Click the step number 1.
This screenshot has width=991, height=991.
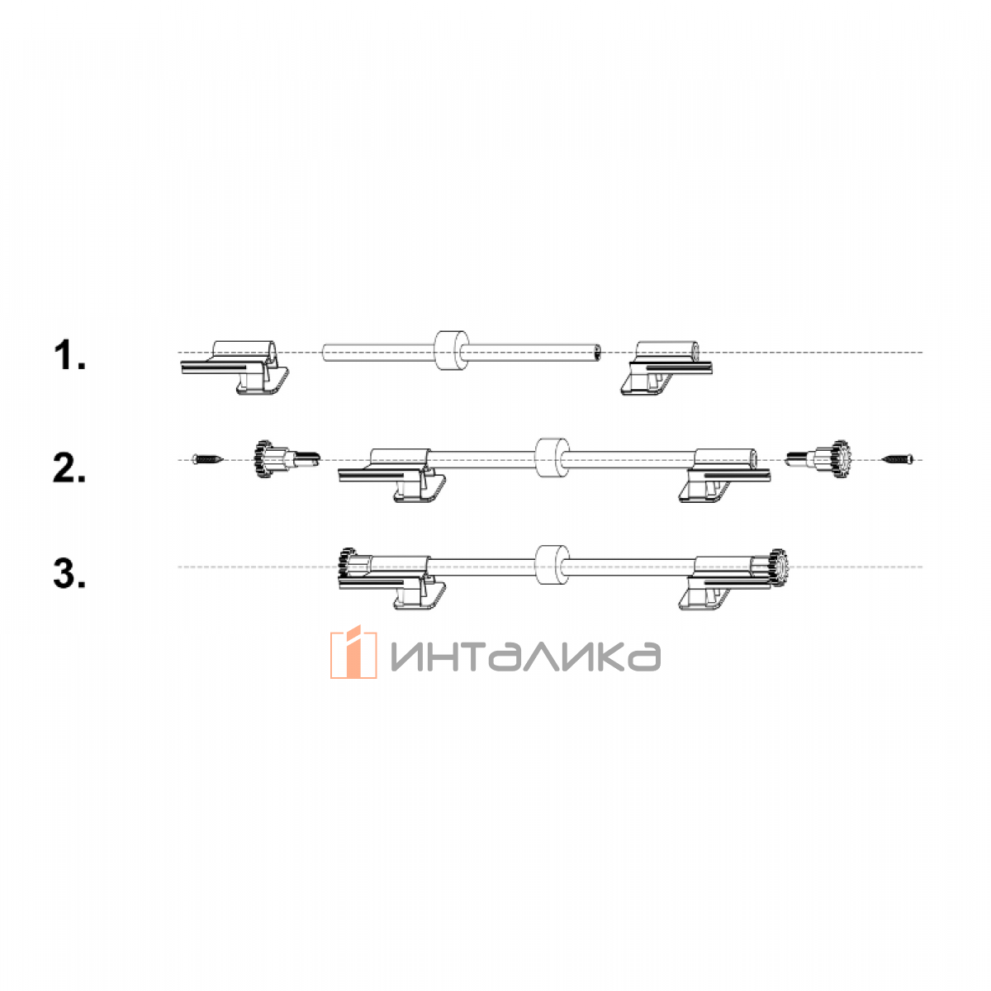(69, 356)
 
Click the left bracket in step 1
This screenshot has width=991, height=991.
(235, 367)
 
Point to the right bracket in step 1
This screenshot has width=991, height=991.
(667, 367)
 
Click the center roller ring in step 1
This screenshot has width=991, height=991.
(452, 351)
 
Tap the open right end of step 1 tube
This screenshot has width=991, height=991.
(597, 353)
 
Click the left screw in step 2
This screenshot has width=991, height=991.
(208, 458)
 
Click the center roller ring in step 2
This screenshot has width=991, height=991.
(552, 459)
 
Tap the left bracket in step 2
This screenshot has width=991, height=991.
(392, 475)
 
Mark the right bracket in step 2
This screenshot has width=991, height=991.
(724, 475)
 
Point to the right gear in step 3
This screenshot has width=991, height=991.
(779, 567)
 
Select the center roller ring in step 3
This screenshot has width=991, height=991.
(552, 566)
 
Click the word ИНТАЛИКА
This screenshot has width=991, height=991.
(525, 657)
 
